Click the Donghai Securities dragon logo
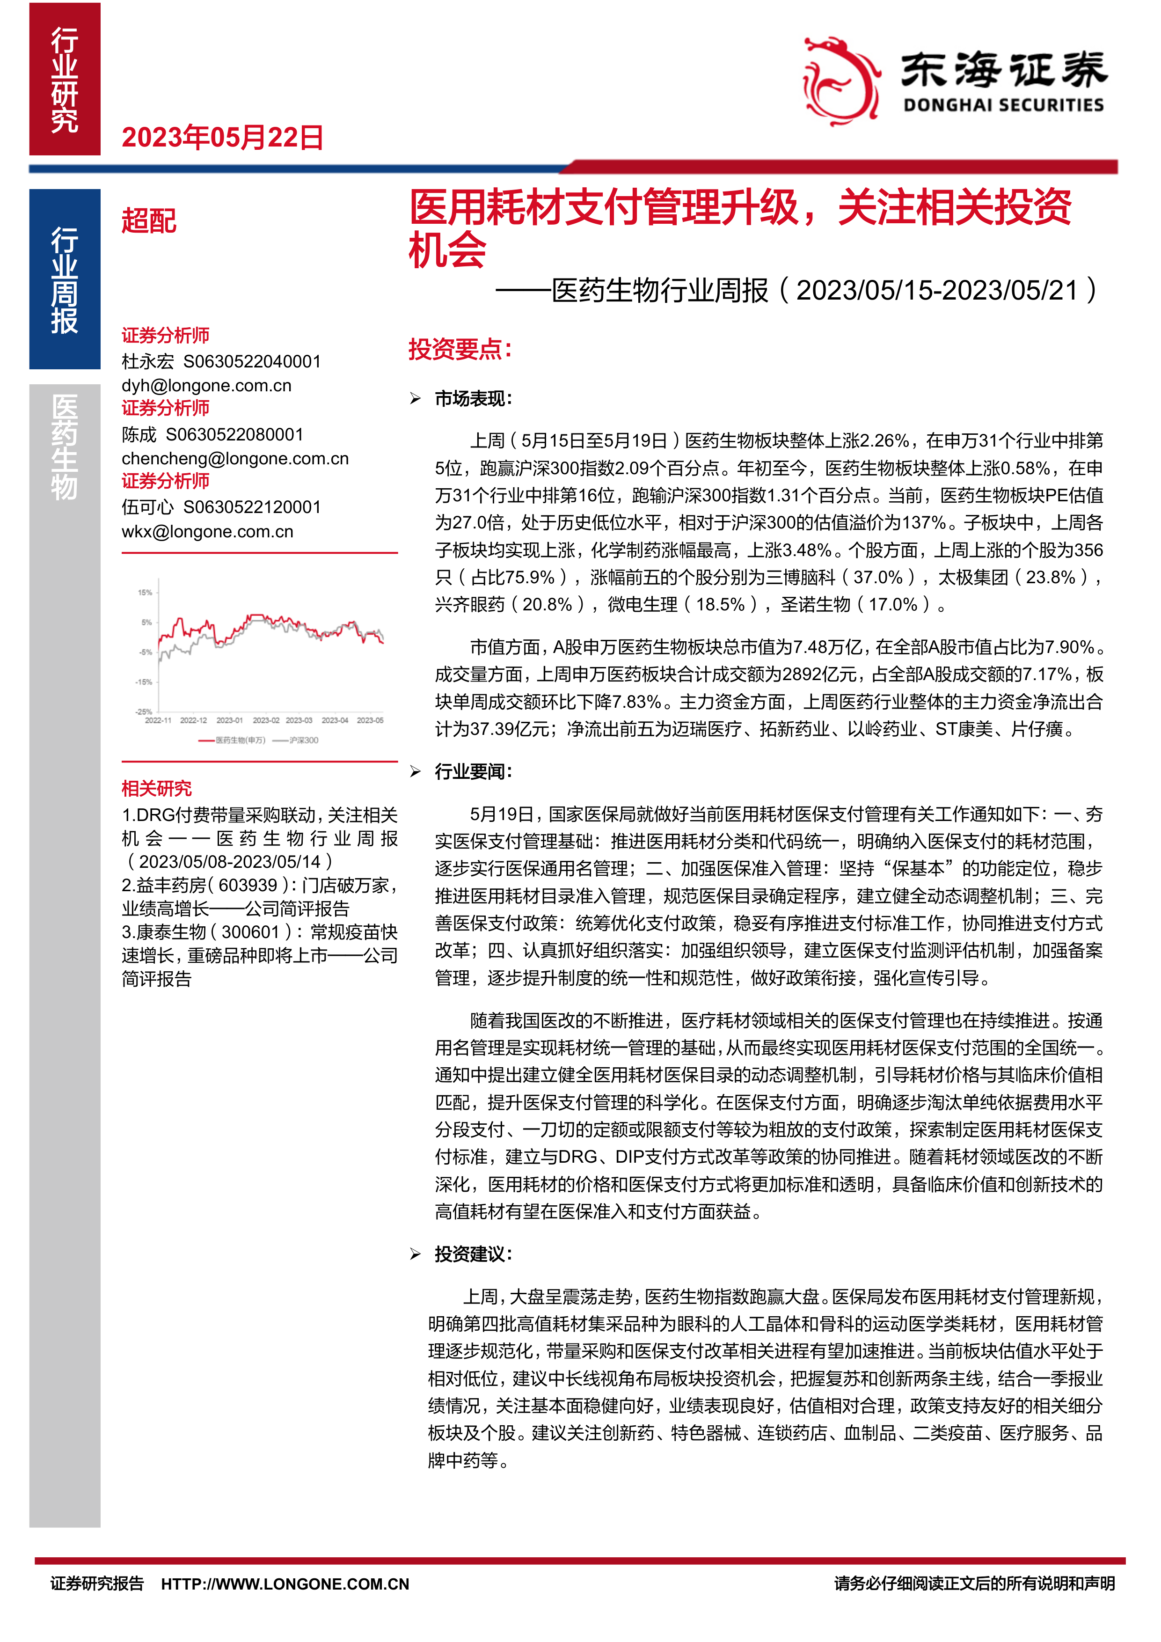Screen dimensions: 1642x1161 [841, 81]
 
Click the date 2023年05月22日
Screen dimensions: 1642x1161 [222, 137]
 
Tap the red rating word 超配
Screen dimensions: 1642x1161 [149, 221]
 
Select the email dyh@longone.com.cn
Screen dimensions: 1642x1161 [207, 386]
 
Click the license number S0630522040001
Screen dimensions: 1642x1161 [252, 361]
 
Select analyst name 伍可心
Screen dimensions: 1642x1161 [147, 507]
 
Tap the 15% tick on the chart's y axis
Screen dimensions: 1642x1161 [145, 592]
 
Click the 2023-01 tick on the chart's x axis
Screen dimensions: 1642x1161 [229, 720]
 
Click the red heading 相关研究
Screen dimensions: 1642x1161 [157, 788]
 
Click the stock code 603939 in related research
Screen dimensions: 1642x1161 [248, 886]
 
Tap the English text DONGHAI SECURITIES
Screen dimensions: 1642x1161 [1003, 106]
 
